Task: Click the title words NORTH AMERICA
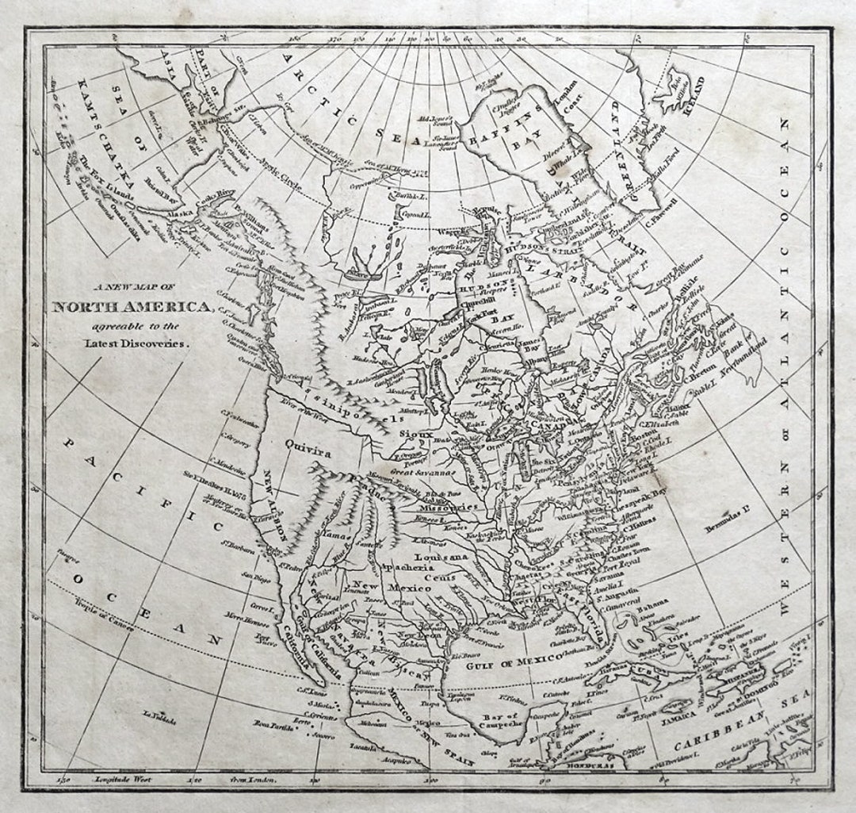(132, 307)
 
